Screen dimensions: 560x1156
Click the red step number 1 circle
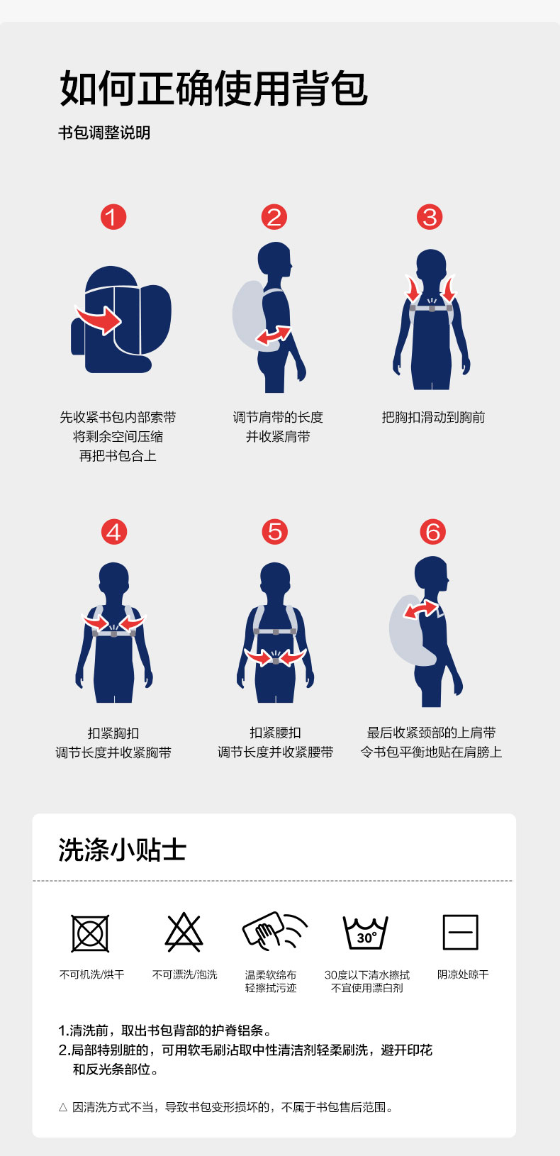[x=113, y=217]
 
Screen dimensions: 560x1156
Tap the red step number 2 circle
[x=274, y=217]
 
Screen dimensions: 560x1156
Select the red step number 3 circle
[x=430, y=217]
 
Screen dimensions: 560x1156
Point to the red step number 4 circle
[x=114, y=532]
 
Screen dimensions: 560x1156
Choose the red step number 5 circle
[x=275, y=532]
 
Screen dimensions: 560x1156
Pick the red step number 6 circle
[x=432, y=532]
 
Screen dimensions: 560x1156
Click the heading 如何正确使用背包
[x=214, y=89]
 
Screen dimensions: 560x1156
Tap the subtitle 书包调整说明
[x=104, y=133]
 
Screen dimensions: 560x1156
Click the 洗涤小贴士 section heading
[x=122, y=850]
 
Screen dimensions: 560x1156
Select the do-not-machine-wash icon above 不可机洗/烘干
[x=90, y=933]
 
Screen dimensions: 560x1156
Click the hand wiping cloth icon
[x=274, y=930]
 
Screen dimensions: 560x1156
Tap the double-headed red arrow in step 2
[x=274, y=335]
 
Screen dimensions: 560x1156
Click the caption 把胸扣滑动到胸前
[x=433, y=417]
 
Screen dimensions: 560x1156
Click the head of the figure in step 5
[x=275, y=577]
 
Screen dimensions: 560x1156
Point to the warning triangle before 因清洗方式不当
[x=63, y=1107]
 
